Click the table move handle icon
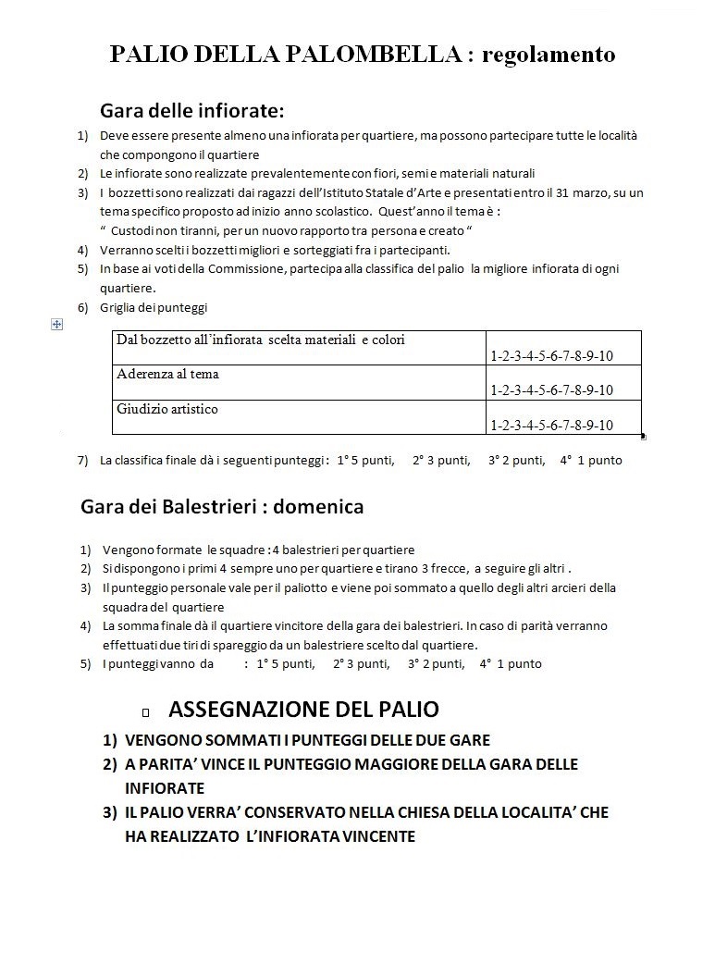(57, 324)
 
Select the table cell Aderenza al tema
(167, 375)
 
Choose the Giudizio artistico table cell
(167, 408)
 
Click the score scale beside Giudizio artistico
(552, 425)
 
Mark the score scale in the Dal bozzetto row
(552, 356)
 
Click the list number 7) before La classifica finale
(82, 460)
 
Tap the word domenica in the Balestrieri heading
(318, 507)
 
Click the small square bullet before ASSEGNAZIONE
(147, 712)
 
